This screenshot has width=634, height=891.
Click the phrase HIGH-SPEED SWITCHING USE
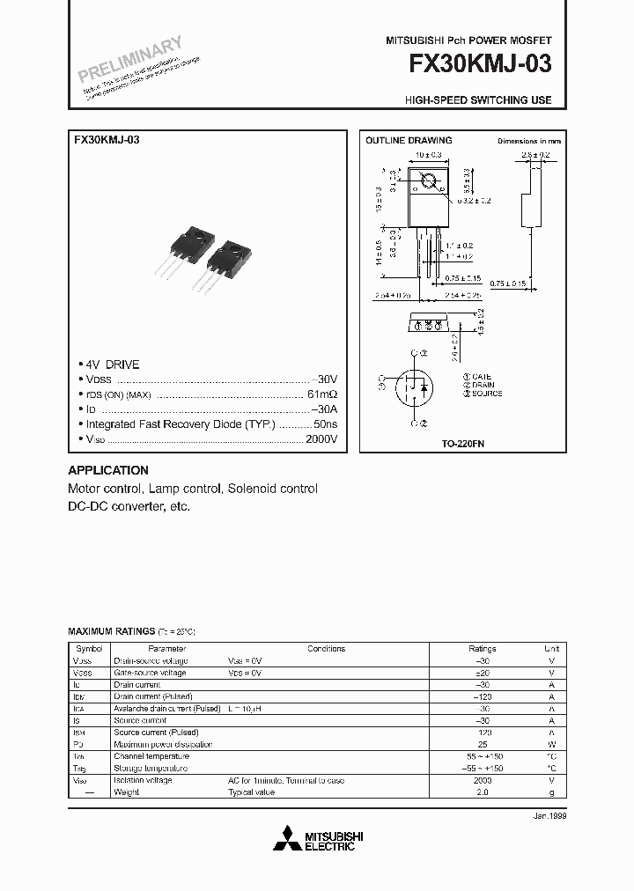478,100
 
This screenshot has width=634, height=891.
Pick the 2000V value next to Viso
321,438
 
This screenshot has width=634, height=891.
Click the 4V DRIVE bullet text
112,364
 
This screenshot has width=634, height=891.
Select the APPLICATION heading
108,470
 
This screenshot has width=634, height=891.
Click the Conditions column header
326,648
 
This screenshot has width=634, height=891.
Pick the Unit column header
551,648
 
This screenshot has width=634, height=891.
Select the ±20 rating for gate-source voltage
483,673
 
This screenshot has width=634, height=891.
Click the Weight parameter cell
127,792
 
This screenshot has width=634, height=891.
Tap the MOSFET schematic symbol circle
414,386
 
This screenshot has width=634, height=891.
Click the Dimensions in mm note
528,141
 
